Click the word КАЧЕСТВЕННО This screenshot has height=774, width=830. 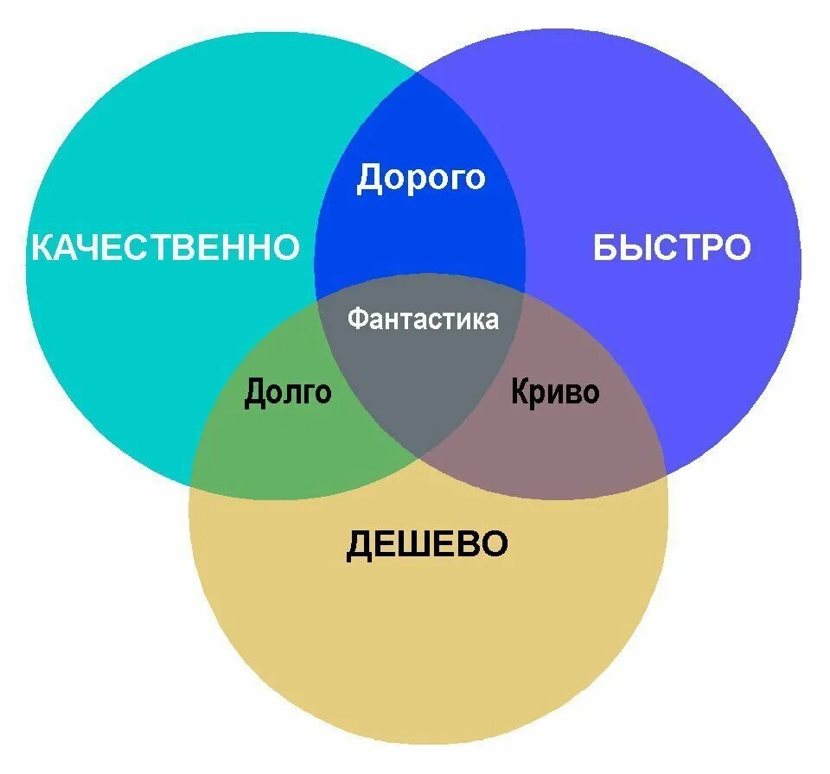coord(165,248)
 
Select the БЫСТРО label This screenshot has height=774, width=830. coord(672,248)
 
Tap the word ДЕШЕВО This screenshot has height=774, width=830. coord(427,545)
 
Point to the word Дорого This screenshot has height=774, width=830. coord(421,178)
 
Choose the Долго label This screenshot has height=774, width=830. coord(288,392)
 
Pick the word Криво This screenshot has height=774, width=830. coord(554,392)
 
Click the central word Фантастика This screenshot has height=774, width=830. coord(423,319)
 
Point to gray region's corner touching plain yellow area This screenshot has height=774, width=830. coord(422,458)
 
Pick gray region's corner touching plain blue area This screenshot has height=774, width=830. coord(524,296)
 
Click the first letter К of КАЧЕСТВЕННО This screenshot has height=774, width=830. coord(42,248)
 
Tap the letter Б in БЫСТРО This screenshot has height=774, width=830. coord(604,248)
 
